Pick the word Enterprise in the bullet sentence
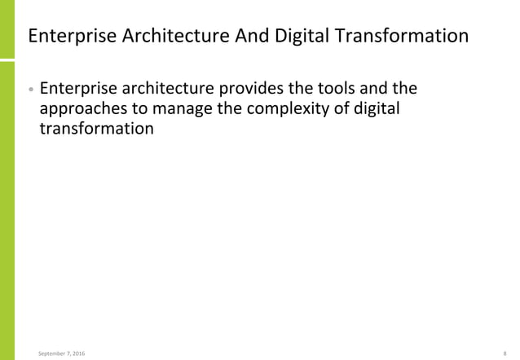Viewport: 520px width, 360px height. [77, 87]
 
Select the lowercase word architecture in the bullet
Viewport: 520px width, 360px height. [163, 87]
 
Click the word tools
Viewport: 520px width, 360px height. [333, 87]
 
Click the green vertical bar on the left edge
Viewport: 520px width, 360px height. [8, 180]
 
